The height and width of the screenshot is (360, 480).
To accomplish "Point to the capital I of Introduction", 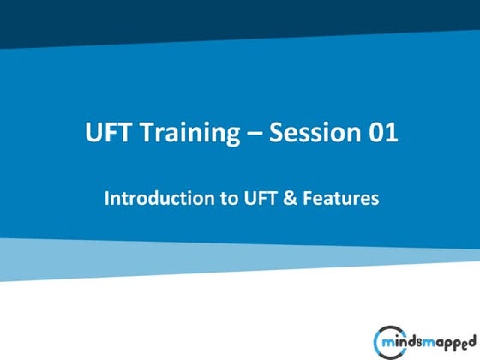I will (107, 198).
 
